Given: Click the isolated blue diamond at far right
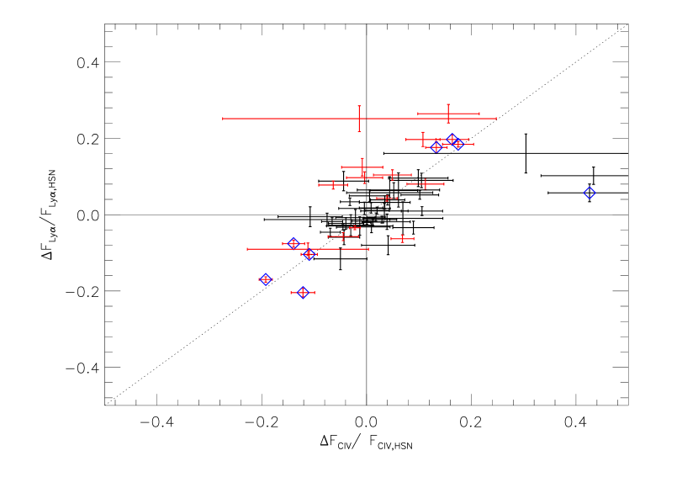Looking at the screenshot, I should (x=590, y=193).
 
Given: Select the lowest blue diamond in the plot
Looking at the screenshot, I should (x=303, y=293).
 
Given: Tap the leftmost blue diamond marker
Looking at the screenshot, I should (x=266, y=279).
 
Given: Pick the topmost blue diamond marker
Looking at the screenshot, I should (x=452, y=139).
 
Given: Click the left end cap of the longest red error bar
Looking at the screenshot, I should (x=223, y=119).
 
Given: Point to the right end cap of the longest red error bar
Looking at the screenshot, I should (x=496, y=119).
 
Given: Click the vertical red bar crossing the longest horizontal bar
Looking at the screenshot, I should (x=359, y=119).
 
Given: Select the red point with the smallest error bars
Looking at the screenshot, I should (x=355, y=228).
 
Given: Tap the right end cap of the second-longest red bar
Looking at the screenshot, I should (x=368, y=249).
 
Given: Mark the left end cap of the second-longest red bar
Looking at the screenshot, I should (x=247, y=249).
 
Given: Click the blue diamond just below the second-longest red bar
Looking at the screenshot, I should (x=309, y=254).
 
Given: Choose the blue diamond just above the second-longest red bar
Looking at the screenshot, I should (x=293, y=243).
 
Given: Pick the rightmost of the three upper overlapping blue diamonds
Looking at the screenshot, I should (x=459, y=144).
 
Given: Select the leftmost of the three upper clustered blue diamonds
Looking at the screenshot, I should (x=436, y=146).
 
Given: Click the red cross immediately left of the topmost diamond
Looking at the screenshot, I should (x=423, y=140).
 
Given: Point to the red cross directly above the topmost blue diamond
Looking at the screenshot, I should (x=448, y=114).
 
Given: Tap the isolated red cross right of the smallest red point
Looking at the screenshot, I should (x=402, y=239).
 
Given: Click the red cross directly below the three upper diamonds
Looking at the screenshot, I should (x=426, y=184).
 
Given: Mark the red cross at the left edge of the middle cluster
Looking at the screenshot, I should (x=333, y=185).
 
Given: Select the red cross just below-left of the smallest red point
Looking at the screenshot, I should (x=343, y=236).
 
